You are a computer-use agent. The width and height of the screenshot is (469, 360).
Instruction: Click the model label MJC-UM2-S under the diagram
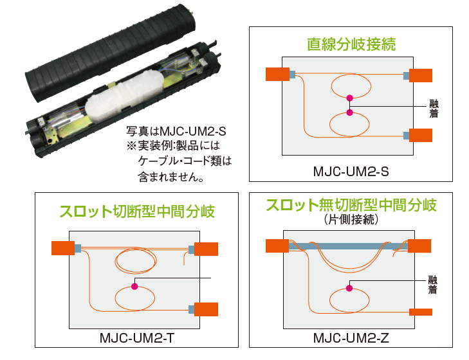pyautogui.click(x=350, y=172)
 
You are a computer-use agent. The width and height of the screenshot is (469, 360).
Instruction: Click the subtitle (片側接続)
pyautogui.click(x=351, y=220)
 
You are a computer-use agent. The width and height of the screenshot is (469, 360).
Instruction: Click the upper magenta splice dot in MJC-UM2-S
pyautogui.click(x=350, y=98)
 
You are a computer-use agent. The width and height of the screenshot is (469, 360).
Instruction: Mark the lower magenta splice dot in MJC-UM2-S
pyautogui.click(x=350, y=113)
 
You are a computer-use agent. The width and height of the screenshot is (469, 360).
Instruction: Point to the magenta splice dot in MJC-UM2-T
pyautogui.click(x=134, y=286)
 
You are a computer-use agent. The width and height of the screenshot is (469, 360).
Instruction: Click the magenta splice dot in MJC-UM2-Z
pyautogui.click(x=349, y=289)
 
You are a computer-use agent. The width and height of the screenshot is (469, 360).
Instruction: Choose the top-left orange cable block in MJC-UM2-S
pyautogui.click(x=277, y=75)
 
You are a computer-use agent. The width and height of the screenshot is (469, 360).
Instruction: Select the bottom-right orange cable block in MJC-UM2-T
pyautogui.click(x=207, y=309)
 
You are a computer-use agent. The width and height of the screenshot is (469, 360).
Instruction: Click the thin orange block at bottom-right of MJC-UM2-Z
pyautogui.click(x=421, y=312)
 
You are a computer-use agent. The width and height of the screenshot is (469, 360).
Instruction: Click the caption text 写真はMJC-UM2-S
pyautogui.click(x=176, y=130)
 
